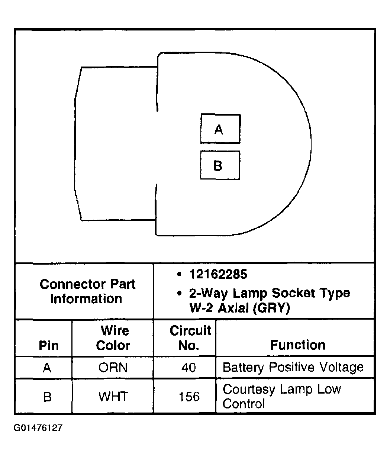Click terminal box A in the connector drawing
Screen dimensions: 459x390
[x=220, y=129]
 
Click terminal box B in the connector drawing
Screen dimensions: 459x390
[x=220, y=165]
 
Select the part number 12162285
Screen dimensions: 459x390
[x=218, y=274]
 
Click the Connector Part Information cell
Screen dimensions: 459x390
[x=87, y=291]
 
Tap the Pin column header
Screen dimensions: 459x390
[x=48, y=345]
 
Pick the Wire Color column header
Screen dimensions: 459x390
[x=113, y=338]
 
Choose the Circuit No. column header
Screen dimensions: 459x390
[x=190, y=338]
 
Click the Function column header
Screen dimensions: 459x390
[x=297, y=345]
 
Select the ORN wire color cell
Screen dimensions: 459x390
[x=113, y=368]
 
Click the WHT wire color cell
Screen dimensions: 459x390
[x=113, y=396]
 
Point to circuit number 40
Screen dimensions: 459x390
[x=188, y=368]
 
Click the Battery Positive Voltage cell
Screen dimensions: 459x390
[x=293, y=368]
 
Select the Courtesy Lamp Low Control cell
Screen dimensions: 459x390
[x=281, y=396]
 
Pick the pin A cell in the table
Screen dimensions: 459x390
[x=47, y=368]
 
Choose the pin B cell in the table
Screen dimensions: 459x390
[x=47, y=397]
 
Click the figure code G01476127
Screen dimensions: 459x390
[x=38, y=428]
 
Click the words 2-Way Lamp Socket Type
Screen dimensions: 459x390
[x=270, y=293]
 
